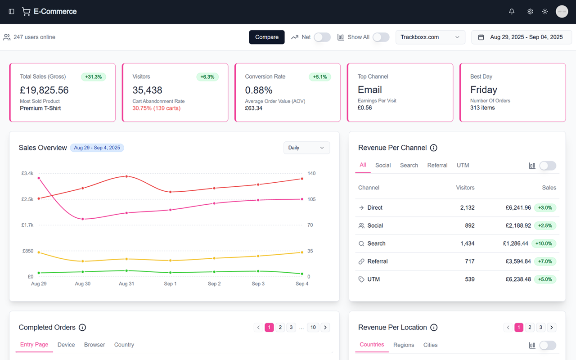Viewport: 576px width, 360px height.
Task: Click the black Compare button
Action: coord(267,37)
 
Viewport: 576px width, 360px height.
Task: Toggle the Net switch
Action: coord(322,37)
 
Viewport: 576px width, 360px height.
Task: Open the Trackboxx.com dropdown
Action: coord(430,37)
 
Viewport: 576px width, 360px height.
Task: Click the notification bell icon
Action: coord(512,12)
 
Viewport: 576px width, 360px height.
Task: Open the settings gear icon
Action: coord(530,12)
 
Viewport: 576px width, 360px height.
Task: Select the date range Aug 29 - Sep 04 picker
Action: coord(522,37)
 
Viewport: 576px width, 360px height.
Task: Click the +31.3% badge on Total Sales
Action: coord(94,77)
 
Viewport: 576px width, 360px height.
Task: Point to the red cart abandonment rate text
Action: coord(156,108)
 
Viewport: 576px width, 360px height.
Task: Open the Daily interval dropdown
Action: coord(306,148)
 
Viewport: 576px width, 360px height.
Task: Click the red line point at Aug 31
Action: coord(126,176)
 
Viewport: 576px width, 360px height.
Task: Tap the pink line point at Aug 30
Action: coord(82,219)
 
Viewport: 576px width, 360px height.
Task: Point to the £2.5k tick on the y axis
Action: coord(27,199)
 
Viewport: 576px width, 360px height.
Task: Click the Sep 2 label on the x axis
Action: coord(214,284)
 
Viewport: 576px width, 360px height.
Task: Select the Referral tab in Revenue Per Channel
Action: coord(437,165)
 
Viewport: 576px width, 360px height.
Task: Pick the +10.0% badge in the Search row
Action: coord(544,243)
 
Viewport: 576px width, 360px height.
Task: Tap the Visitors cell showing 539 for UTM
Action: coord(469,279)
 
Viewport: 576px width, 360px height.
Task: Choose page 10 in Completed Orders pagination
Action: coord(313,327)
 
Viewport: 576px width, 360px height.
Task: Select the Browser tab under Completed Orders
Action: coord(94,345)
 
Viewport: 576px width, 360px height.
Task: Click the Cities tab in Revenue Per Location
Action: coord(430,345)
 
